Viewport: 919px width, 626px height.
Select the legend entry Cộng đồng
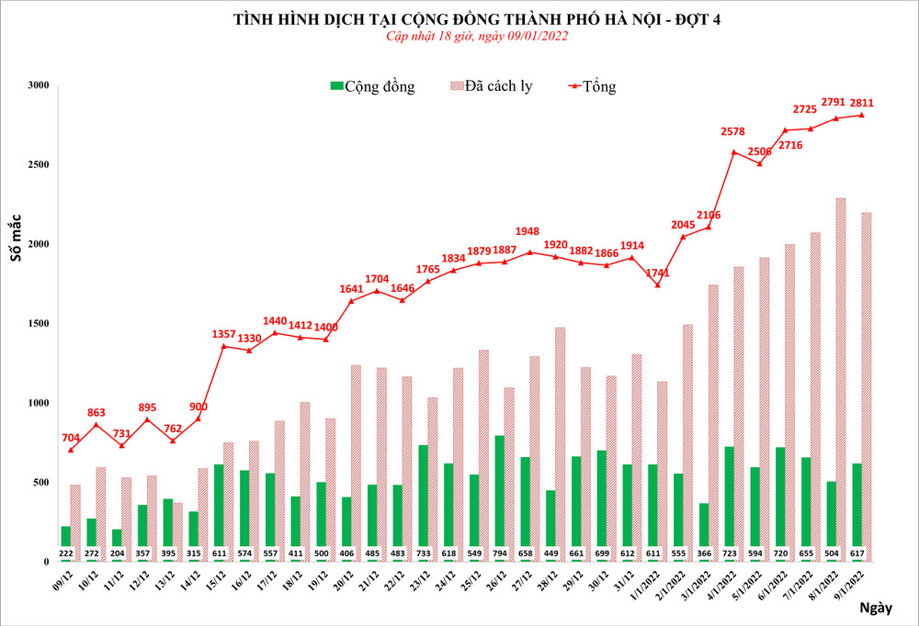(372, 87)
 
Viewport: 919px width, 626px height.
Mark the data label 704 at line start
(71, 437)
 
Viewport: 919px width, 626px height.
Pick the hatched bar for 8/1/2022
(841, 376)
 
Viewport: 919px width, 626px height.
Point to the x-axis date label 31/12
(622, 580)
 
